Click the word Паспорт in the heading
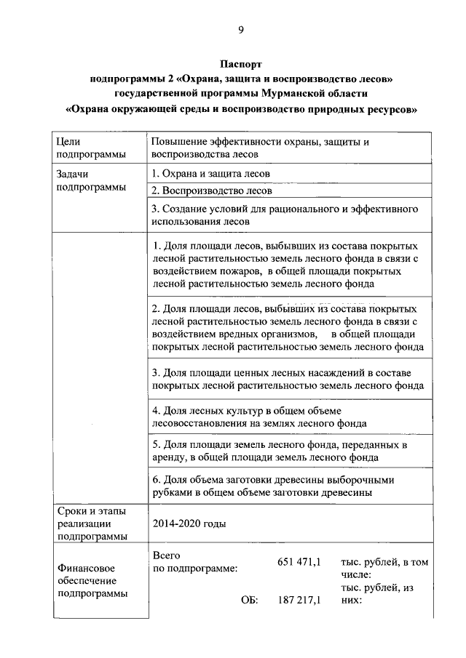click(241, 65)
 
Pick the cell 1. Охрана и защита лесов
click(211, 174)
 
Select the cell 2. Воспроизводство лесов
click(213, 191)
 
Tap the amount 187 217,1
click(299, 601)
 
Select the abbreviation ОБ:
click(249, 601)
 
